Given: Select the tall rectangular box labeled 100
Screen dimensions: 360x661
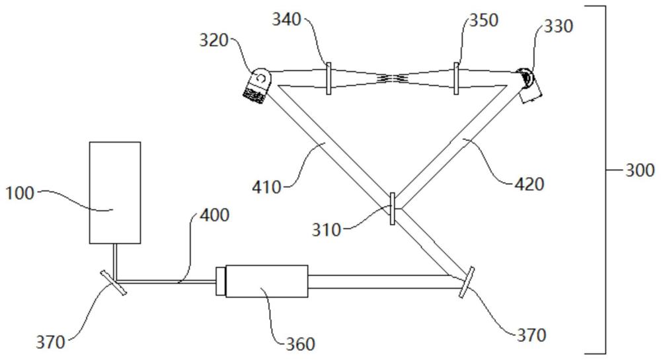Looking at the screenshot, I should coord(115,192).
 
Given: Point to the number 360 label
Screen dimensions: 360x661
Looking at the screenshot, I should coord(301,343).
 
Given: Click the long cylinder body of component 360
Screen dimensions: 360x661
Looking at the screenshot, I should coord(267,281).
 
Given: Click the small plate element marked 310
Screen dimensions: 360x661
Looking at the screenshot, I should coord(393,208).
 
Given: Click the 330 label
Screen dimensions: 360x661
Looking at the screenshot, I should coord(559,27).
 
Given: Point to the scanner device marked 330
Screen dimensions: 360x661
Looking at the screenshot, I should coord(530,84).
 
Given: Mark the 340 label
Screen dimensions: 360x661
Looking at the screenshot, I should coord(287,20).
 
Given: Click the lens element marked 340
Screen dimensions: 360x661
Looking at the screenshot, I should coord(328,78).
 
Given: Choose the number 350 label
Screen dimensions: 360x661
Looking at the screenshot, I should coord(483,20).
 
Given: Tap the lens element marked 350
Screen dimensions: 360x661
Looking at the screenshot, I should coord(456,78).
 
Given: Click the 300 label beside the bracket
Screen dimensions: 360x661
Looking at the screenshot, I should coord(640,170).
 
